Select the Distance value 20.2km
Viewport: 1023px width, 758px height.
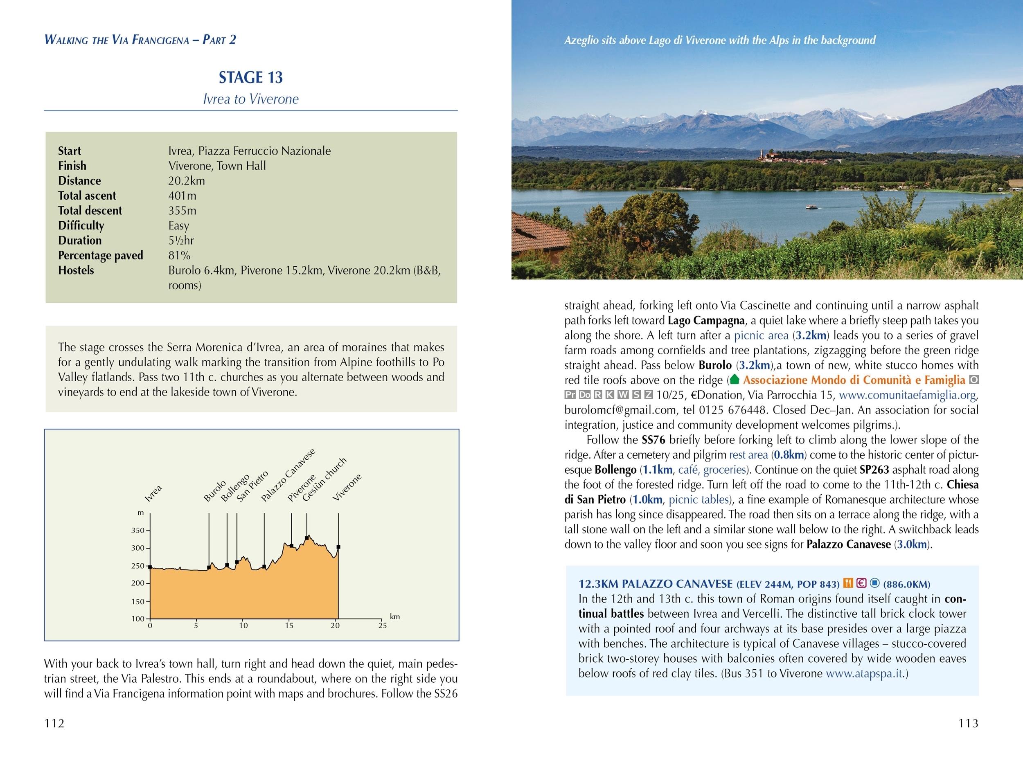pos(186,181)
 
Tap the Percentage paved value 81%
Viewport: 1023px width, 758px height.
pos(179,256)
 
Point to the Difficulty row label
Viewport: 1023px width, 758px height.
pos(81,226)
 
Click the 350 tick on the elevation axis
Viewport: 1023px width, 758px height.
pos(138,531)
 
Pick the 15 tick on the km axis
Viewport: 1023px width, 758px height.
pos(289,625)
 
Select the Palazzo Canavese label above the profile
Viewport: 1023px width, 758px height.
pos(288,475)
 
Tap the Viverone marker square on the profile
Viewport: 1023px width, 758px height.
pos(338,547)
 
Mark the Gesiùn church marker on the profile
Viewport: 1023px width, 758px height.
pos(306,538)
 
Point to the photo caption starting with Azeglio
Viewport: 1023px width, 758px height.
pos(719,40)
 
